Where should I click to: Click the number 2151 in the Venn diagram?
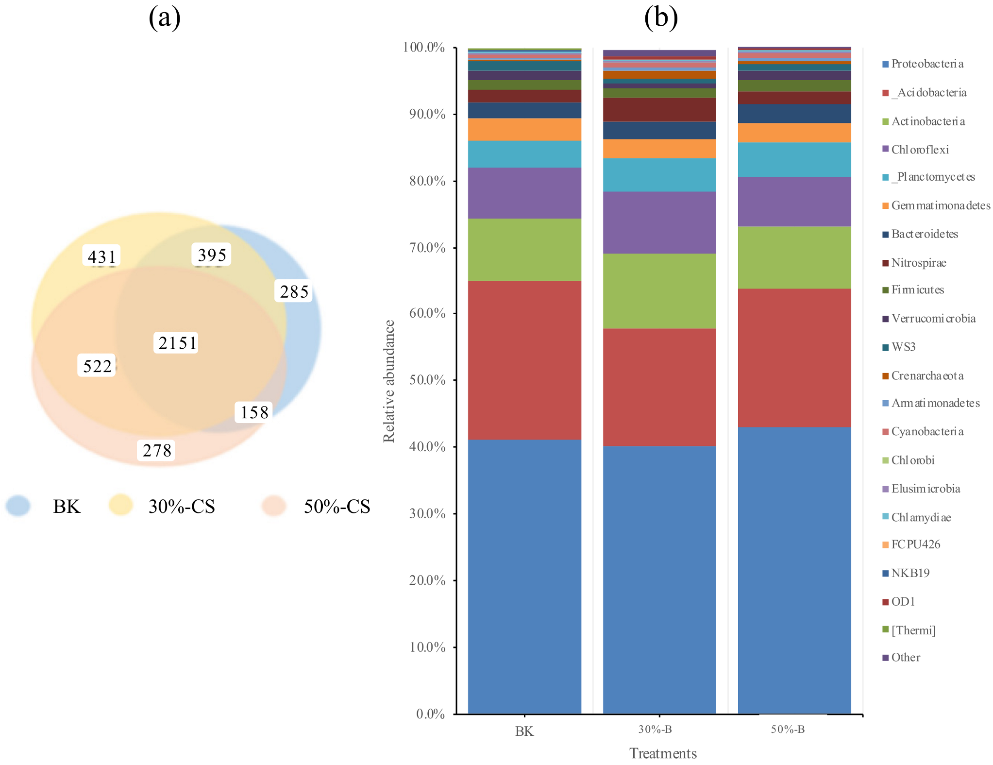177,343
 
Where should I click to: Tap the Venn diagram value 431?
101,256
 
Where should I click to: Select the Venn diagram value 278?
157,450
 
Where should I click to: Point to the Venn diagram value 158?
254,412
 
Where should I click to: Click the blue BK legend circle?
18,506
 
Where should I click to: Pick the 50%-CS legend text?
337,507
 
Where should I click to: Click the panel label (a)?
165,18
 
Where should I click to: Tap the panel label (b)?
661,18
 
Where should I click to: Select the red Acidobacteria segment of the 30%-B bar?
659,387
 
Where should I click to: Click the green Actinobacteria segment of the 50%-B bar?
794,257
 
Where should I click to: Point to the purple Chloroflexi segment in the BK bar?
524,193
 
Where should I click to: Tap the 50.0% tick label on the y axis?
427,380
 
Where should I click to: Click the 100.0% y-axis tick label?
424,47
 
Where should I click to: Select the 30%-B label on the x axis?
655,729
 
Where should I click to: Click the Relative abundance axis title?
389,381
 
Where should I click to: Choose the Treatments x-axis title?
663,753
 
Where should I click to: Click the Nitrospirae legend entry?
918,263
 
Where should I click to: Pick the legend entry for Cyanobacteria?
927,431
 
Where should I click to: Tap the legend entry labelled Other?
906,657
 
